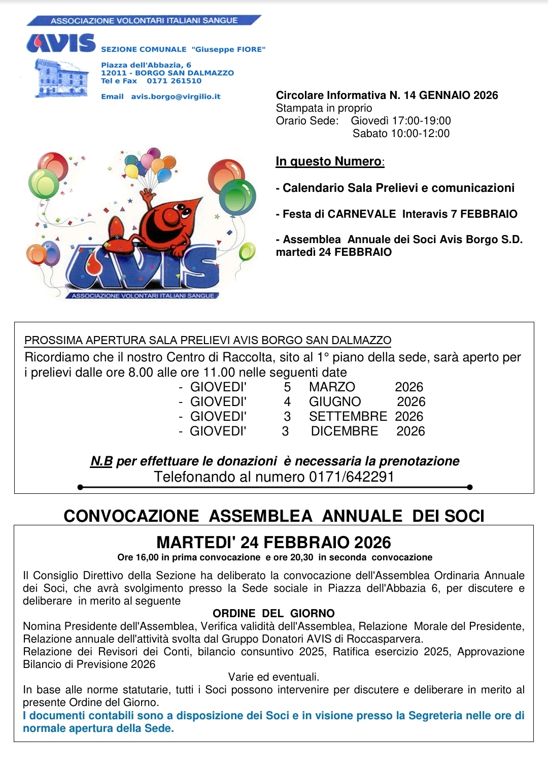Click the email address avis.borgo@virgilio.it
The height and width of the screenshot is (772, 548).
(176, 96)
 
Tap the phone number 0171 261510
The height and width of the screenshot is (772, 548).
(174, 81)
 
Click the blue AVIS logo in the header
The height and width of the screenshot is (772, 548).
(61, 44)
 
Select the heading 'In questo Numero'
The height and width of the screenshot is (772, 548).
(329, 161)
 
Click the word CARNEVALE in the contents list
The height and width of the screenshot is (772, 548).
(361, 214)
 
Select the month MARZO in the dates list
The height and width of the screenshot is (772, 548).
(332, 387)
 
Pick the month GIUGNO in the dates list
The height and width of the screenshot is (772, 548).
(335, 401)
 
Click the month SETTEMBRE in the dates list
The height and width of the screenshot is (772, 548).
(348, 416)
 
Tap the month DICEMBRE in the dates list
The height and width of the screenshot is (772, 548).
(345, 431)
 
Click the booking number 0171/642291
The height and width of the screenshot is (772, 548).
(352, 477)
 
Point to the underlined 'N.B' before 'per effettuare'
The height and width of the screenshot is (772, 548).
(101, 461)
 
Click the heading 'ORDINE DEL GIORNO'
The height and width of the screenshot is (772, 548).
(273, 613)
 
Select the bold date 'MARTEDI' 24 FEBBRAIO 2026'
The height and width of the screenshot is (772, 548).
(273, 542)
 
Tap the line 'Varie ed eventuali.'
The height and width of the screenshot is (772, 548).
(273, 677)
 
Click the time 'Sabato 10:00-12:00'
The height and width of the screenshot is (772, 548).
(401, 133)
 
